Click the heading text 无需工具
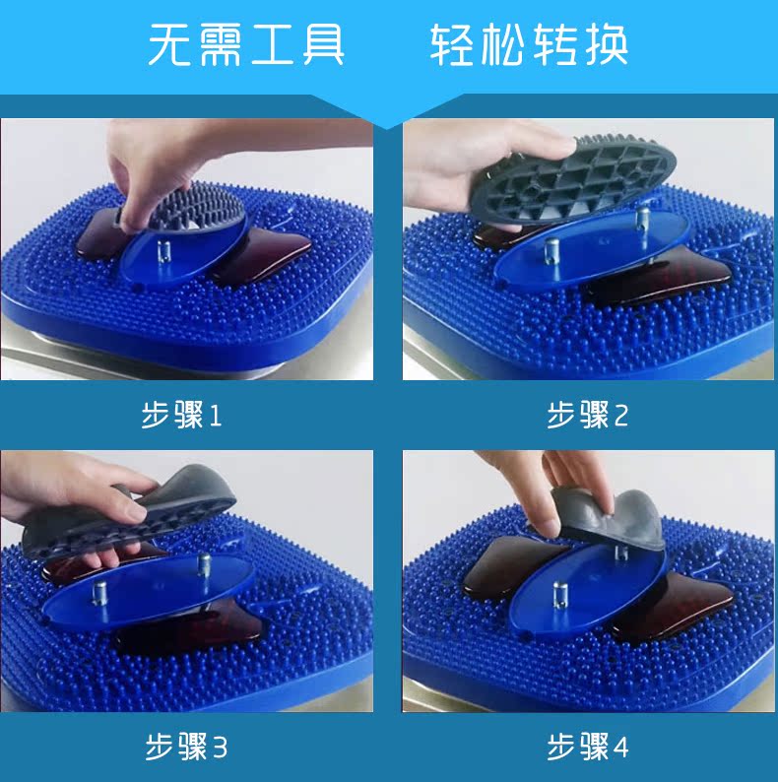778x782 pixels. (x=246, y=44)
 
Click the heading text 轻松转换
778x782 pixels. (x=529, y=44)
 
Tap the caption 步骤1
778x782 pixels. (x=181, y=415)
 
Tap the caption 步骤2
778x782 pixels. (x=587, y=415)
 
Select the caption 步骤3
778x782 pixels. (x=186, y=747)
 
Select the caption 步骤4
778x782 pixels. (x=588, y=747)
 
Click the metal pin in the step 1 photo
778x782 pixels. (x=163, y=252)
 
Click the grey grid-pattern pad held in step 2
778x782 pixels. (x=573, y=178)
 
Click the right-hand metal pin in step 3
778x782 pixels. (x=204, y=563)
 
